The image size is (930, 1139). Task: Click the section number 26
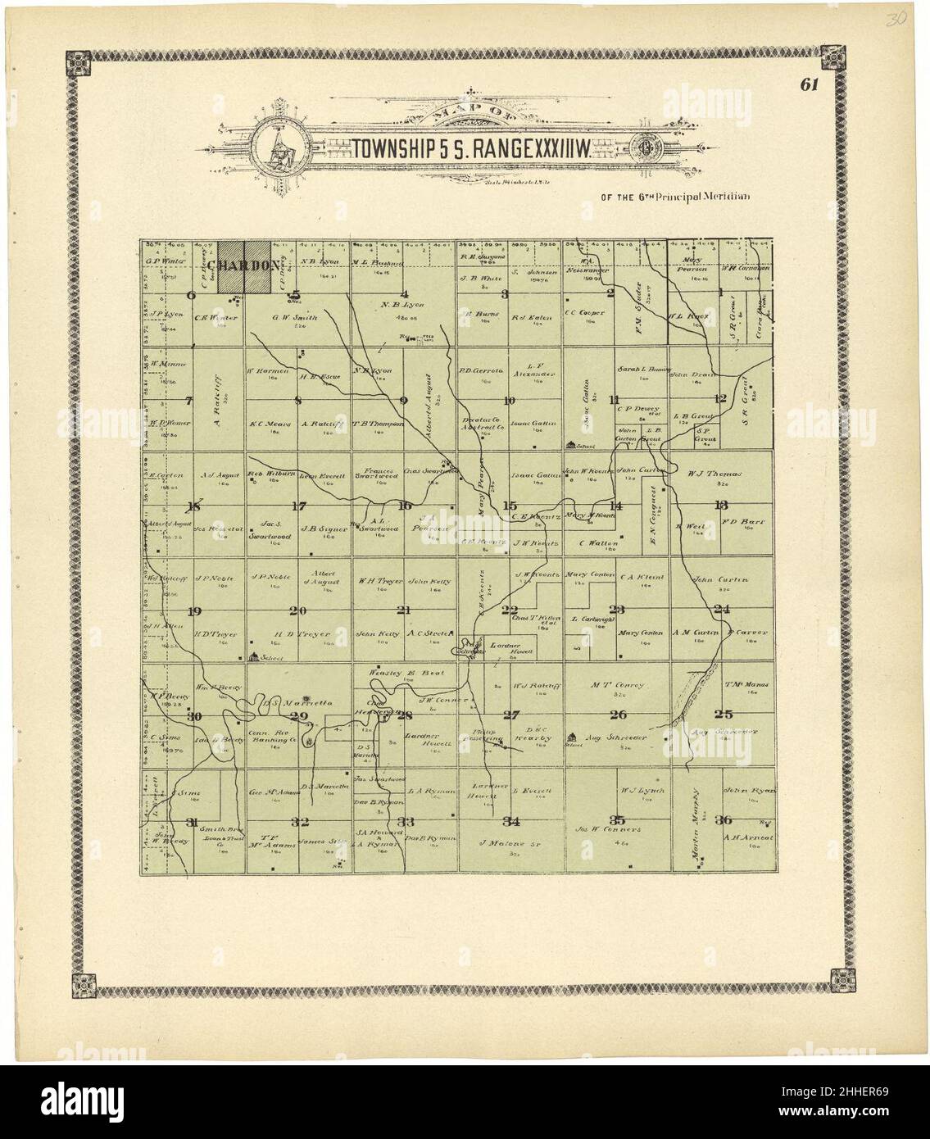[x=619, y=715]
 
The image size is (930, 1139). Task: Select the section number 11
[x=615, y=400]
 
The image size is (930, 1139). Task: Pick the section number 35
[x=619, y=819]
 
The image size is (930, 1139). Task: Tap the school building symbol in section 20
[x=254, y=657]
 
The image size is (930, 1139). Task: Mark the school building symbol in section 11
[x=570, y=445]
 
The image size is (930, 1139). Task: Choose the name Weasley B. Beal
[x=406, y=673]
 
